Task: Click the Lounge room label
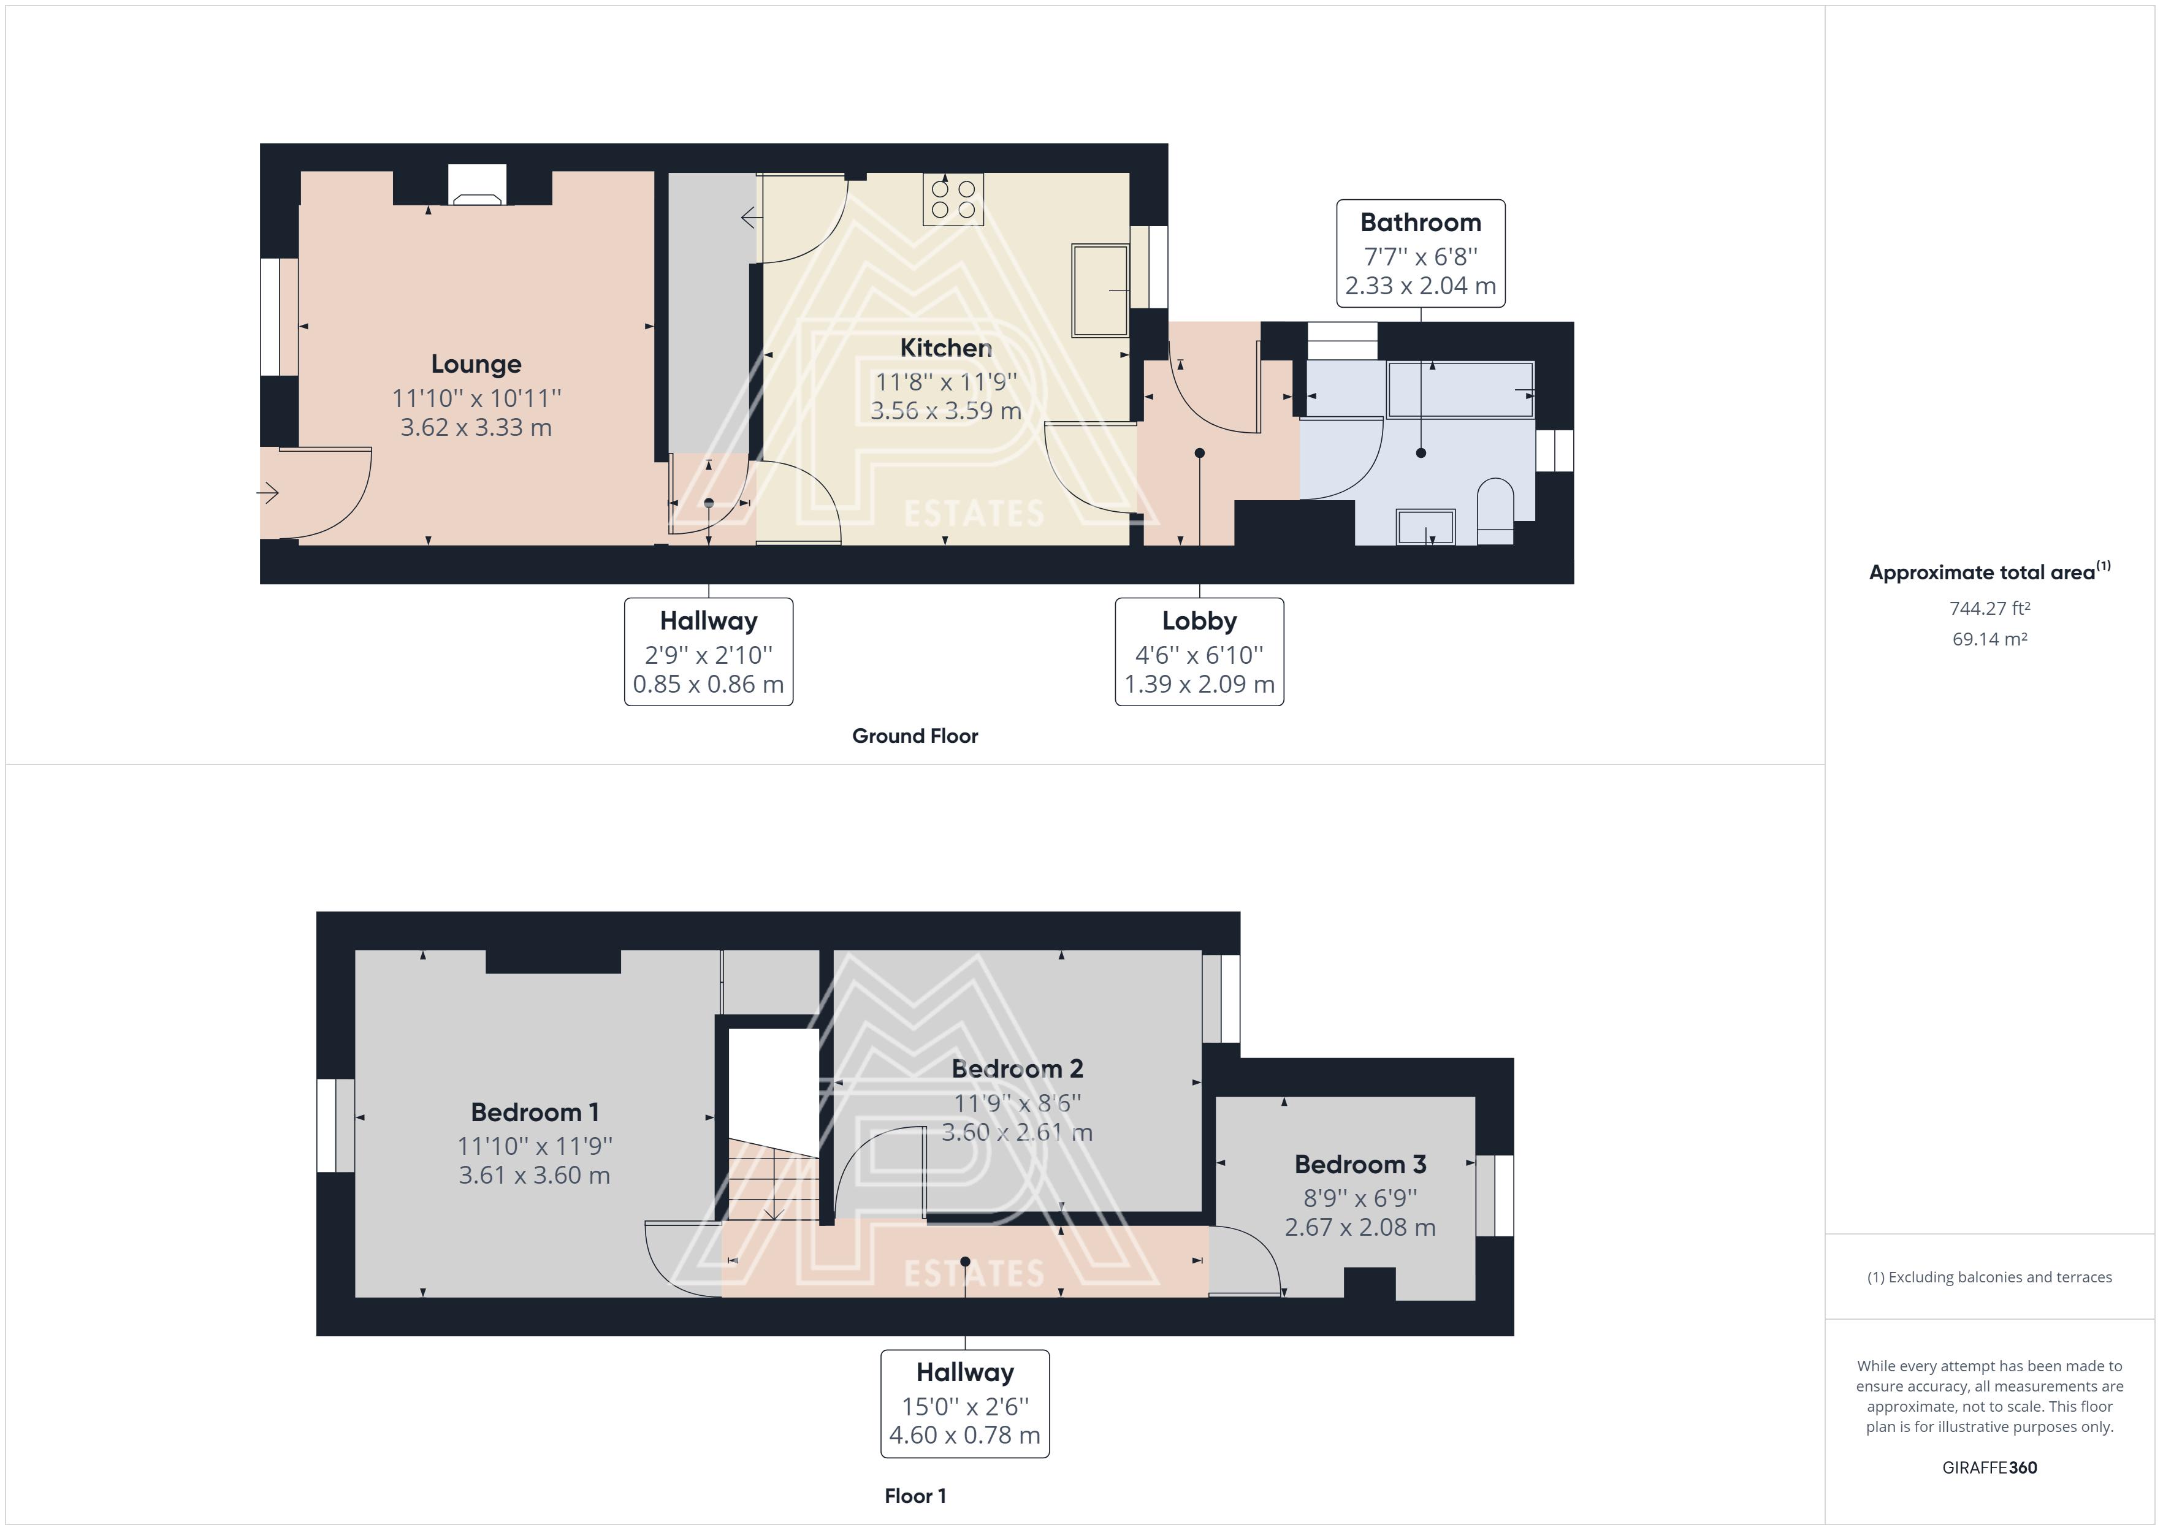[476, 365]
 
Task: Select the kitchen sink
[1099, 290]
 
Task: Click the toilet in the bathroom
[1495, 512]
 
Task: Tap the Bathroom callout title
[1421, 223]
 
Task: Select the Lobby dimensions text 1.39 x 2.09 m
[1199, 685]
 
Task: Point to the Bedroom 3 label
[1360, 1165]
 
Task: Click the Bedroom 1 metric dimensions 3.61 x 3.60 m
[534, 1176]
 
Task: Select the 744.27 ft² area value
[1989, 609]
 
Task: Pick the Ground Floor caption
[915, 736]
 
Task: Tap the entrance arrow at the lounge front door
[269, 492]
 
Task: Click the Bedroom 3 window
[1495, 1195]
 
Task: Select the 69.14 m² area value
[1989, 639]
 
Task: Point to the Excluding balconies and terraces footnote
[1989, 1277]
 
